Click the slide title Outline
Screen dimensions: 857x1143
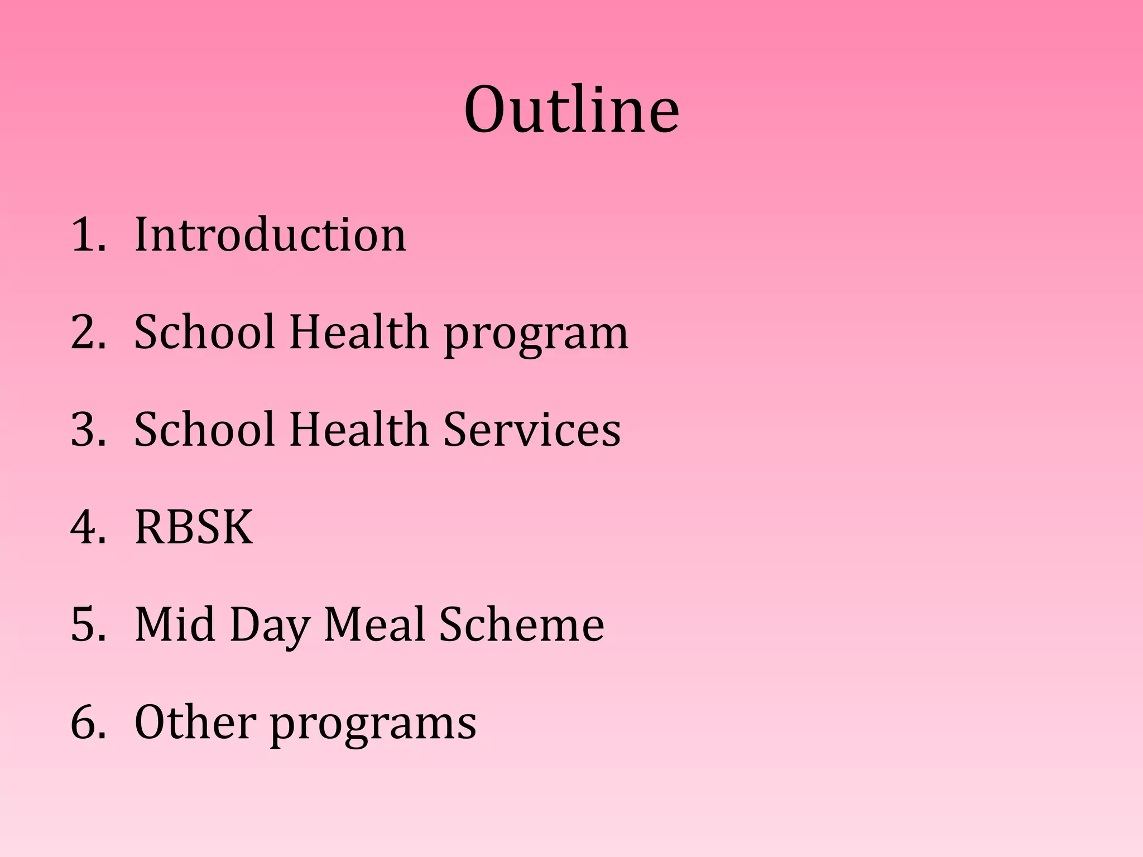571,110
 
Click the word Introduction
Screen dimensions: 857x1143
271,235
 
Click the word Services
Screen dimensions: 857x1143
531,430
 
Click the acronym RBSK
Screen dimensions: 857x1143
194,527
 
